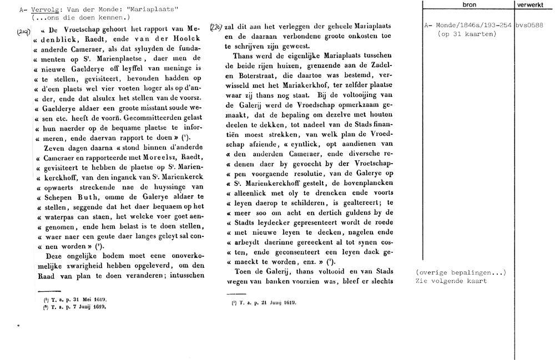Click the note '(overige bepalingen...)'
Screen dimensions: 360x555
[x=461, y=273]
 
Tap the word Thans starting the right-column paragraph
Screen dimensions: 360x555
[x=244, y=56]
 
